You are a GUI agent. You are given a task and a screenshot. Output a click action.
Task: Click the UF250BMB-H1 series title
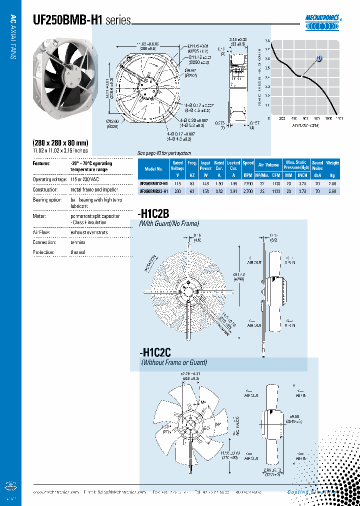pyautogui.click(x=81, y=20)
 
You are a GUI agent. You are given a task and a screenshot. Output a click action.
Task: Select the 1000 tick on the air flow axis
pyautogui.click(x=328, y=118)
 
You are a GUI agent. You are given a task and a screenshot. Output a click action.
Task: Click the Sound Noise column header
pyautogui.click(x=317, y=165)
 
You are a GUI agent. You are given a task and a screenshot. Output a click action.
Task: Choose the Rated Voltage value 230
pyautogui.click(x=177, y=191)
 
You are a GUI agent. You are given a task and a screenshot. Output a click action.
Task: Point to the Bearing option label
pyautogui.click(x=47, y=200)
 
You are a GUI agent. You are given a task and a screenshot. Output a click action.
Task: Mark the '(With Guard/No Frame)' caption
pyautogui.click(x=168, y=223)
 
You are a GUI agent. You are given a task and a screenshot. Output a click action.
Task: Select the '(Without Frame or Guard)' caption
pyautogui.click(x=173, y=362)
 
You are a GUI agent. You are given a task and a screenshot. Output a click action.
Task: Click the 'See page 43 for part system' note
pyautogui.click(x=164, y=153)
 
